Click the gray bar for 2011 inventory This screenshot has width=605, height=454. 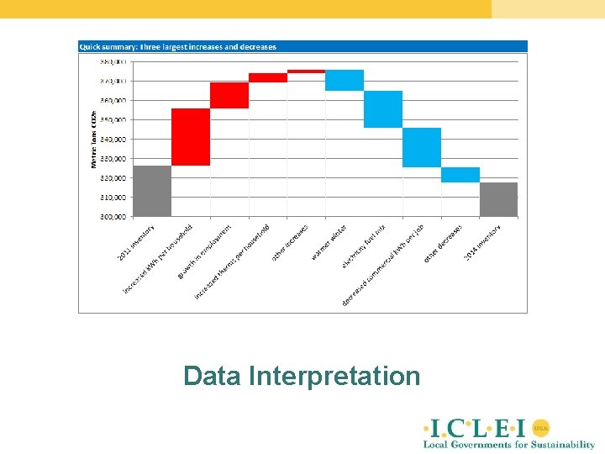152,191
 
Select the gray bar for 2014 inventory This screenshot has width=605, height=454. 498,199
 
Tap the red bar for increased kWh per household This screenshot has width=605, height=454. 191,137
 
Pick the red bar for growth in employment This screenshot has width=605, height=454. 229,96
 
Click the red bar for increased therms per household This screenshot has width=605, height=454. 268,77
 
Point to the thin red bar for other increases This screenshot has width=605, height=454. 306,71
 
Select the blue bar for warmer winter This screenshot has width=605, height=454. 345,80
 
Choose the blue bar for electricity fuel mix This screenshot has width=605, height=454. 383,109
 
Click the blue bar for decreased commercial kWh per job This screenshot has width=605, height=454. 422,147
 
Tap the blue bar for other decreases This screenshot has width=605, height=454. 460,175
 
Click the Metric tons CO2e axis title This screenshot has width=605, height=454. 93,139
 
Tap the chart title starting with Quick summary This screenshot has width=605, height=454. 177,47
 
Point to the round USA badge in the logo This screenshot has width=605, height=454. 540,427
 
